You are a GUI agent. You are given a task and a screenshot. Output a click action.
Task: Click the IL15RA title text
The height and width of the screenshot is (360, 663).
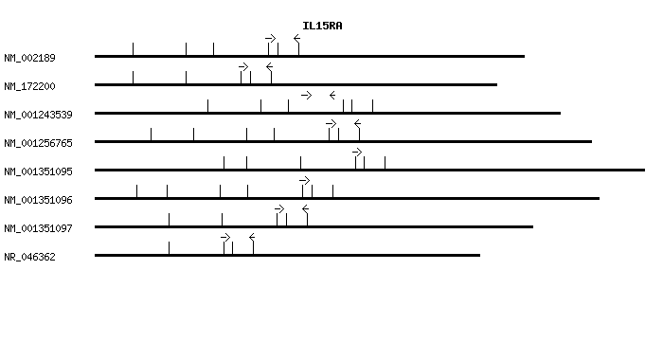[x=322, y=26]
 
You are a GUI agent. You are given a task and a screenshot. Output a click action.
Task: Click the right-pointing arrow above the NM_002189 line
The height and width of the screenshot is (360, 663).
[x=271, y=38]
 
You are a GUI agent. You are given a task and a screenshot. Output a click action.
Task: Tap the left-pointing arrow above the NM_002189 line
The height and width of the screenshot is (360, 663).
[x=296, y=38]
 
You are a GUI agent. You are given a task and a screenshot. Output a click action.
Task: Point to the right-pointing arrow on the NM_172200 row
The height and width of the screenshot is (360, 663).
[x=243, y=66]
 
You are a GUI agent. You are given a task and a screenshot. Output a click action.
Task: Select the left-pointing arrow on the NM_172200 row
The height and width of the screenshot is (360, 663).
[x=269, y=66]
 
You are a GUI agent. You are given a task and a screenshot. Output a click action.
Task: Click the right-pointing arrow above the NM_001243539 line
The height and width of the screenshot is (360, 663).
[x=306, y=95]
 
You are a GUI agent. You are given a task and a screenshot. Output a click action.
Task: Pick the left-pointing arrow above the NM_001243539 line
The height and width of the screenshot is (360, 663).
[x=332, y=95]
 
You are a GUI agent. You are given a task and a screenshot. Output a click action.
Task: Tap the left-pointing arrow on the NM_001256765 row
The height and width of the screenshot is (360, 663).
[x=357, y=123]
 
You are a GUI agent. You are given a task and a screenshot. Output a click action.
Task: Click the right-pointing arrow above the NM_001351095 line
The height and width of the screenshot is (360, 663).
[x=357, y=152]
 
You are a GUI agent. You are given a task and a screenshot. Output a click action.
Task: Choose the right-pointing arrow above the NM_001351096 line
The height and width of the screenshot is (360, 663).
[x=304, y=180]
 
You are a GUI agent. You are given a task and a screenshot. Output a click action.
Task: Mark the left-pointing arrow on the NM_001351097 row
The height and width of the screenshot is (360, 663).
[x=305, y=208]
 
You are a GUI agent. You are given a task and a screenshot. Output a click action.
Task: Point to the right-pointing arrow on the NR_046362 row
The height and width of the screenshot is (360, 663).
[x=225, y=237]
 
